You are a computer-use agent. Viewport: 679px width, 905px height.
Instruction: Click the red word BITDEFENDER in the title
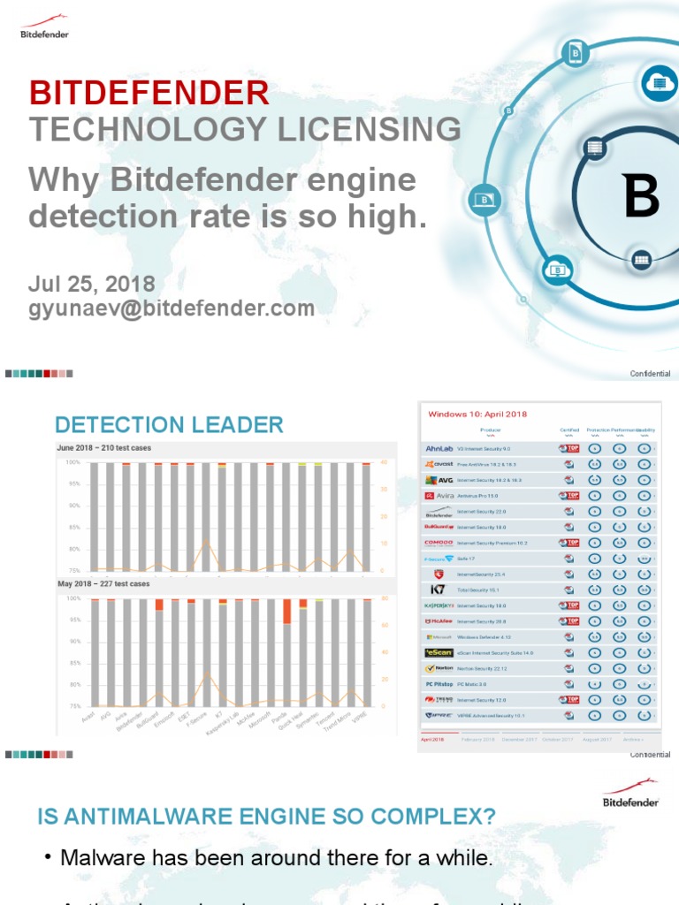149,92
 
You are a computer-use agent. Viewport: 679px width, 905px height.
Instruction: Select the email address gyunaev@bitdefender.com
172,308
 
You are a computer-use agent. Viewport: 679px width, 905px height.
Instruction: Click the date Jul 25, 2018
91,284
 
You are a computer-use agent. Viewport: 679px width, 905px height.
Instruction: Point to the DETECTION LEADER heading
169,424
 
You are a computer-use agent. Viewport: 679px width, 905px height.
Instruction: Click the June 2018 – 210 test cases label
104,448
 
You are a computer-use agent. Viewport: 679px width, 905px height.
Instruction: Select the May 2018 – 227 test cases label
103,584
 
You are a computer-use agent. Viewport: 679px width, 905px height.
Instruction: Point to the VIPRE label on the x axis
359,719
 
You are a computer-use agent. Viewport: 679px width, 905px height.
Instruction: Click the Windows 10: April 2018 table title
477,414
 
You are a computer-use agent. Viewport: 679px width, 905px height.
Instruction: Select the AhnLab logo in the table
439,449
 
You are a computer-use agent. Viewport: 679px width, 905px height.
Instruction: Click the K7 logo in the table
439,589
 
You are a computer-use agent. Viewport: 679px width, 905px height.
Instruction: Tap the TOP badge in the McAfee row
570,621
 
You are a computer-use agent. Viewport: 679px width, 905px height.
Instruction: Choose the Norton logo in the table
439,668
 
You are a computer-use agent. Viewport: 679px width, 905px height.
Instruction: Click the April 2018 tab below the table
432,739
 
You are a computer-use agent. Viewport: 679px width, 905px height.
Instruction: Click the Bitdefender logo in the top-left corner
44,27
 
